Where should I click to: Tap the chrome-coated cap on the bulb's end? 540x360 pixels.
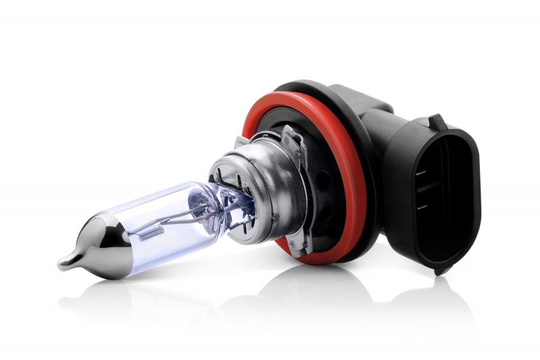[91, 245]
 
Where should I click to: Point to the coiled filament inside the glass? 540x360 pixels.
[152, 233]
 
